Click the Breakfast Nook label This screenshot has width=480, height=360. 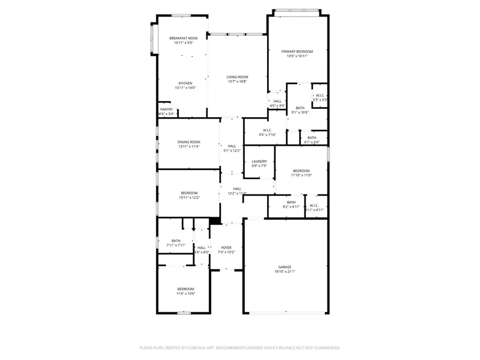click(x=183, y=38)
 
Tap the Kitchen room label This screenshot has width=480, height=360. click(x=185, y=83)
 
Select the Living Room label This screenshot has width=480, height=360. click(x=237, y=77)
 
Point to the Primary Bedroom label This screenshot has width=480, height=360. click(x=297, y=51)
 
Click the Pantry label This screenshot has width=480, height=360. click(x=166, y=109)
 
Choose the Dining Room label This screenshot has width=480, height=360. click(x=189, y=142)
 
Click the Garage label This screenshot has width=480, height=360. click(x=284, y=267)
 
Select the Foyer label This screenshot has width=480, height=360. click(x=226, y=247)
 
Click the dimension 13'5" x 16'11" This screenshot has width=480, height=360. click(x=297, y=56)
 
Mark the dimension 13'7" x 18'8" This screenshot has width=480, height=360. click(x=237, y=82)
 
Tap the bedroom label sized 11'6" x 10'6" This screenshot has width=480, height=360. click(x=185, y=289)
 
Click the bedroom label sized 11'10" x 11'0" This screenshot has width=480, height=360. click(x=301, y=171)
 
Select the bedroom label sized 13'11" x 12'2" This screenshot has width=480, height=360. click(x=189, y=193)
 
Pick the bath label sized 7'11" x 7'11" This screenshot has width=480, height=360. click(x=175, y=241)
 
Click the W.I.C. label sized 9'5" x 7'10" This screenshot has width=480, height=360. click(x=267, y=130)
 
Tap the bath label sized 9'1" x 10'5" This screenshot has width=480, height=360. click(x=300, y=108)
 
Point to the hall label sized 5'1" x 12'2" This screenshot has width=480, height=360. click(x=231, y=146)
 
